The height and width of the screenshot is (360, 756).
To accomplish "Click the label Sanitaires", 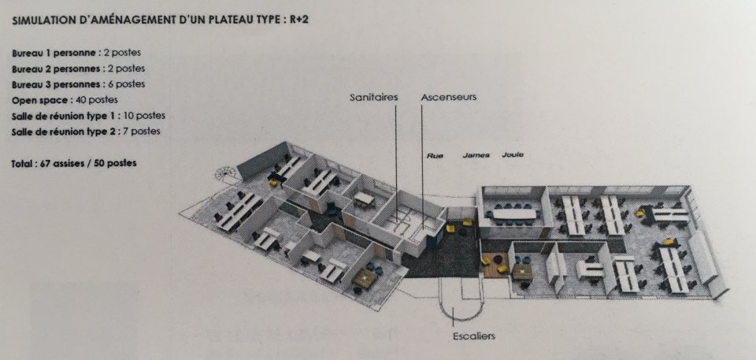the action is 373,97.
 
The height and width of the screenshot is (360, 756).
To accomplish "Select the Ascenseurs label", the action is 448,97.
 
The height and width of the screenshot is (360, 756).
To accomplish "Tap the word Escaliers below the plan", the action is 474,336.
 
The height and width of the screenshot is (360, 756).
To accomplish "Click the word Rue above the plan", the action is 435,156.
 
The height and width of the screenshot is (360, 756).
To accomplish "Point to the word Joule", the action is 513,155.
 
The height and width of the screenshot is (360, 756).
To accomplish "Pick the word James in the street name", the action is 476,155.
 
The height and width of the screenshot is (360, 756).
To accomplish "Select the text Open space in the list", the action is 40,100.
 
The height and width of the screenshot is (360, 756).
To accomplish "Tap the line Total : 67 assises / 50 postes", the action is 74,163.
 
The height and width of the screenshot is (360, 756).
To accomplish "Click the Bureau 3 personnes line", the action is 78,84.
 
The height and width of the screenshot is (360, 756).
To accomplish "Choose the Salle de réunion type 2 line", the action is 86,132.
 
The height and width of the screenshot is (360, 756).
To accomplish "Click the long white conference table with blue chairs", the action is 514,213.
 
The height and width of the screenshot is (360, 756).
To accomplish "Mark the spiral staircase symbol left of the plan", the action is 227,173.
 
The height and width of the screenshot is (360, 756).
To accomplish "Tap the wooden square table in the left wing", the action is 365,277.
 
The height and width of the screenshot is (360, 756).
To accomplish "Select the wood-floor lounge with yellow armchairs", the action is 495,265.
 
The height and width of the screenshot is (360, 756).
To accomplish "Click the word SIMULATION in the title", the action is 39,21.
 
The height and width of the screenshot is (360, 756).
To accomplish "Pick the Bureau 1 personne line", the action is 76,53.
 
